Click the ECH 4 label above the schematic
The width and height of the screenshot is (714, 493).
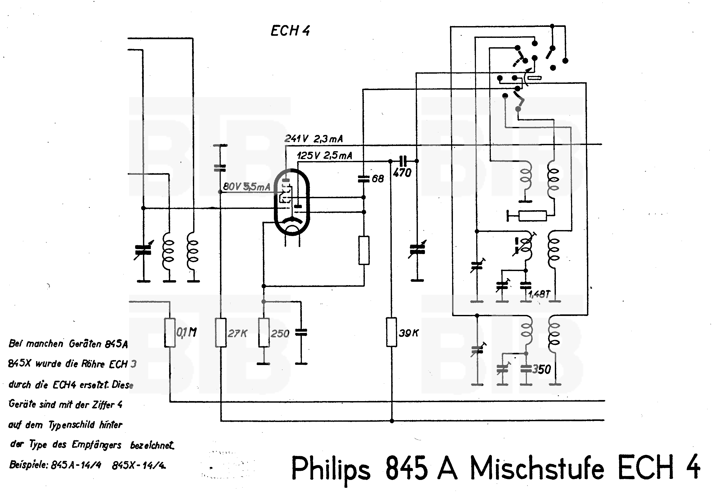[x=290, y=31]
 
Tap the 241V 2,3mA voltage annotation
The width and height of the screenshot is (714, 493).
[x=313, y=139]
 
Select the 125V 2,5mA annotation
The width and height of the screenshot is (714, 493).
[x=324, y=156]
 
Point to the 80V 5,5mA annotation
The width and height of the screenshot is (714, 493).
[x=247, y=187]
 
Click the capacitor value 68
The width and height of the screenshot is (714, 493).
[x=378, y=179]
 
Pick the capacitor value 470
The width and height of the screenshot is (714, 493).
[x=402, y=173]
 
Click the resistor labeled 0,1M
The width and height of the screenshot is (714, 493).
[x=170, y=332]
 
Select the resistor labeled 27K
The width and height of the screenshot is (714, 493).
[x=221, y=332]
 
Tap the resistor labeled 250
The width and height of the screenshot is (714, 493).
[x=264, y=332]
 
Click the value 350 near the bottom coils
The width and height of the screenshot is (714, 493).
[x=542, y=369]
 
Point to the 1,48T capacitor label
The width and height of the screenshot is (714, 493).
[x=539, y=294]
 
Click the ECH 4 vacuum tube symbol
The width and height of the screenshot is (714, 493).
[x=292, y=202]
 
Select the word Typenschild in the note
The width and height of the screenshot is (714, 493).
[x=71, y=425]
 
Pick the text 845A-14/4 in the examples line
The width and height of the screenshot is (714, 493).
[x=76, y=465]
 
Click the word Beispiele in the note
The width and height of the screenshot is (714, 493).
[x=28, y=465]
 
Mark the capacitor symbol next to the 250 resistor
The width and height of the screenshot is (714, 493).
[x=301, y=332]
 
